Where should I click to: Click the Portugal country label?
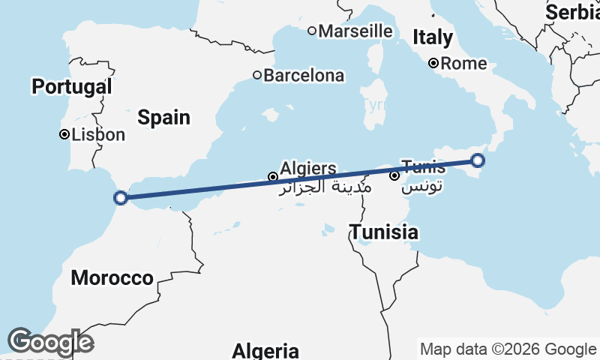tap(71, 87)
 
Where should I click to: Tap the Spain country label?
tap(163, 118)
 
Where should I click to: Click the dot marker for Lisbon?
tap(64, 135)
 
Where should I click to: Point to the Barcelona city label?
tap(304, 76)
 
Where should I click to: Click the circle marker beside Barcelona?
tap(256, 75)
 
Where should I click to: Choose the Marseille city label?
tap(355, 31)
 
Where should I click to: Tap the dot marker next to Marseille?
tap(312, 31)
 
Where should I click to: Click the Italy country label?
tap(433, 37)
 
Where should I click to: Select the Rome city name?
tap(463, 64)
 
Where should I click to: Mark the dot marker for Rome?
tap(433, 64)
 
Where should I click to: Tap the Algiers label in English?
tap(307, 168)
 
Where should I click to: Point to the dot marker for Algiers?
tap(272, 177)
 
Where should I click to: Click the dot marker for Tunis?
tap(394, 176)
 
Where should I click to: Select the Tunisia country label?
tap(384, 232)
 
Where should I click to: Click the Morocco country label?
tap(112, 278)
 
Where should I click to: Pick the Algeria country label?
tap(265, 350)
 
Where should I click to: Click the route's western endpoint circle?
tap(121, 198)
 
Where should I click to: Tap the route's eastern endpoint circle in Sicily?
tap(478, 160)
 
